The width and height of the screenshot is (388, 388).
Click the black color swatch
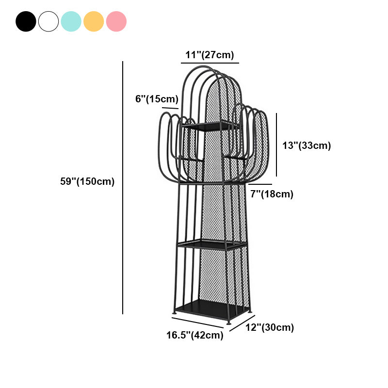click(26, 21)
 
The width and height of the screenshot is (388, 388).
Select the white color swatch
click(48, 21)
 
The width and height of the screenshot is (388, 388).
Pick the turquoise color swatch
click(71, 21)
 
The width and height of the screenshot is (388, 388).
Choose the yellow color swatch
click(94, 21)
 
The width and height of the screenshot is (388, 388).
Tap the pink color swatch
click(116, 21)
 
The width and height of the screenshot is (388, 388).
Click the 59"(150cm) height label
click(87, 181)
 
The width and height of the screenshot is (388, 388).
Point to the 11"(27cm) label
click(210, 55)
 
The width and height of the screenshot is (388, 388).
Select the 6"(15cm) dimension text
click(157, 99)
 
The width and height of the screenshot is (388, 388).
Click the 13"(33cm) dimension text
click(307, 145)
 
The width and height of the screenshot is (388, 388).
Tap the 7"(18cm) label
click(272, 194)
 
